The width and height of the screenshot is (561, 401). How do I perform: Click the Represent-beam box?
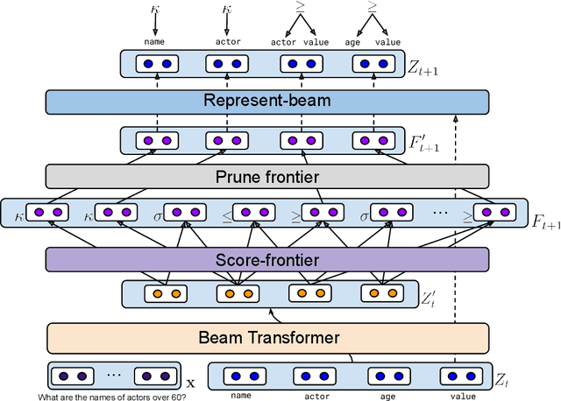[266, 101]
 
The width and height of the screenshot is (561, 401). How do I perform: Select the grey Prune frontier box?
[266, 176]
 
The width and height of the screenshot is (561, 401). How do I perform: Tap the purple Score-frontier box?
[266, 258]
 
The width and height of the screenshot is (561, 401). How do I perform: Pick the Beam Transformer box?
[266, 336]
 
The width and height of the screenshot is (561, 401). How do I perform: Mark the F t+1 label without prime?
[544, 221]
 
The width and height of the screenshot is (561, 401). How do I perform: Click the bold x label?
[191, 383]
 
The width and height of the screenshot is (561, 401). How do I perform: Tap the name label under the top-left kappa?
[154, 40]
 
